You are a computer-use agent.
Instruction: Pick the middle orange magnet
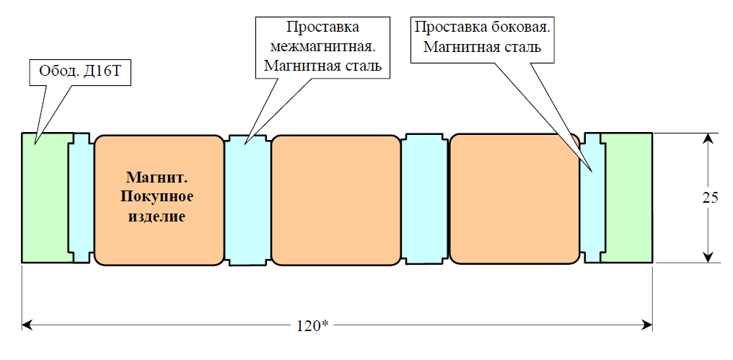click(335, 198)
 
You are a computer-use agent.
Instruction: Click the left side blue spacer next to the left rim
click(81, 198)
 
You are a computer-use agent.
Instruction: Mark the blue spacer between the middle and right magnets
click(424, 198)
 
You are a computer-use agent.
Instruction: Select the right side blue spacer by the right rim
click(592, 209)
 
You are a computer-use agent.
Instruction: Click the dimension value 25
click(710, 198)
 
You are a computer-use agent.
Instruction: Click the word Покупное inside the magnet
click(159, 196)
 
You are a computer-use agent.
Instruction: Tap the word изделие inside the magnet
click(159, 216)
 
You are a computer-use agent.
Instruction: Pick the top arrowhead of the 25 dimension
click(709, 139)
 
